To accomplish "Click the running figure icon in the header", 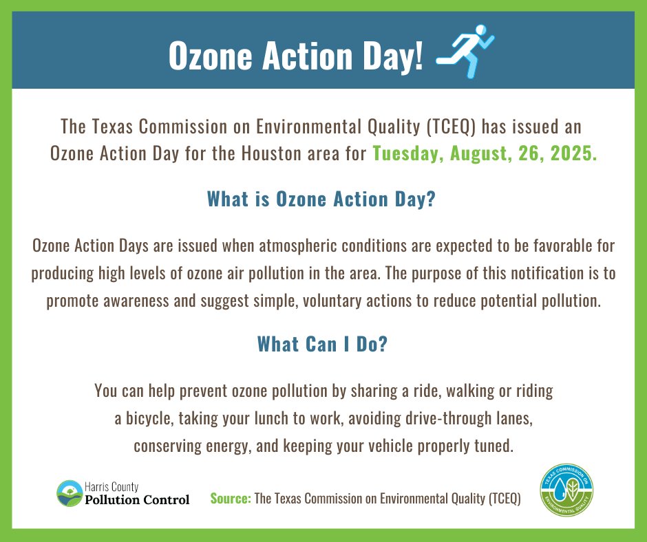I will pos(466,52).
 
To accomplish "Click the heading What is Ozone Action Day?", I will pos(322,200).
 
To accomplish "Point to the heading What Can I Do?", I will pos(322,344).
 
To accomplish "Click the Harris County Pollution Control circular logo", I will pos(69,493).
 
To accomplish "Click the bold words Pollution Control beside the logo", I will pos(136,499).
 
